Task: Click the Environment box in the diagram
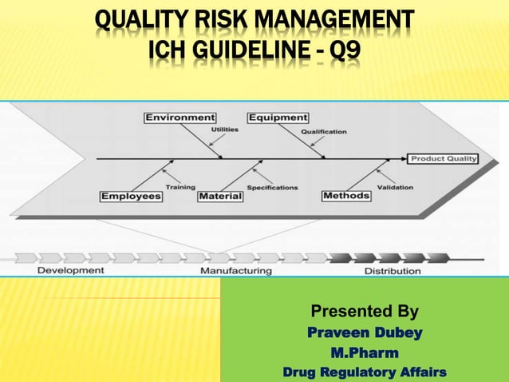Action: (180, 118)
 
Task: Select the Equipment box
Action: (278, 118)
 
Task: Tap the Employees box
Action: (131, 196)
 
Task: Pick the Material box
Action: (220, 196)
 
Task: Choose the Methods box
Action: (346, 196)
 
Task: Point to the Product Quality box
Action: (444, 158)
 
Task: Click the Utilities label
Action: (223, 129)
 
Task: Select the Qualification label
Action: (323, 131)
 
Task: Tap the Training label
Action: (180, 187)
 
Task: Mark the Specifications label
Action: (272, 188)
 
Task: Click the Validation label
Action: (394, 188)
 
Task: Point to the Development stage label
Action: (70, 270)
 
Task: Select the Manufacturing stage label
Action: (235, 271)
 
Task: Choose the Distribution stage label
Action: (393, 271)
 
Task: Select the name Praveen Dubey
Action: (365, 332)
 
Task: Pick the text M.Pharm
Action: (365, 352)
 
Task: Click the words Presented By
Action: (364, 311)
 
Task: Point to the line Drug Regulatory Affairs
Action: (365, 372)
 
